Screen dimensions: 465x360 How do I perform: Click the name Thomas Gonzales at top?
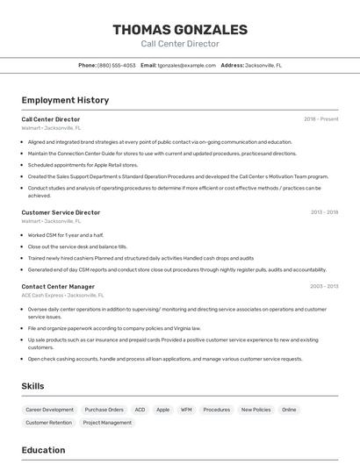click(x=179, y=30)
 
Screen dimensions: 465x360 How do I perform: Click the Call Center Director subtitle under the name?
click(x=179, y=44)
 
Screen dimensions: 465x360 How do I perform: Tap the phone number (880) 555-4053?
click(x=116, y=65)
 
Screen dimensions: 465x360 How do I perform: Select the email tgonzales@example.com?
click(x=186, y=65)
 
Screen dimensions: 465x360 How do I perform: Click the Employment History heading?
click(x=65, y=100)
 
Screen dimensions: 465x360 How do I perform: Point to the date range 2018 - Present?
click(x=320, y=118)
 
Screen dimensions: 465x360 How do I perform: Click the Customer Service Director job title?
click(x=61, y=212)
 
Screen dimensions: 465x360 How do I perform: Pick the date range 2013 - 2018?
click(x=324, y=212)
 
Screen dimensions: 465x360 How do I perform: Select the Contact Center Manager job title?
click(x=58, y=286)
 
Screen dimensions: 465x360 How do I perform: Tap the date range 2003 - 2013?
click(x=324, y=286)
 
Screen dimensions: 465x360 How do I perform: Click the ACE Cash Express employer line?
click(x=62, y=296)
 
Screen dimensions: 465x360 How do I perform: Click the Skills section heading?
click(x=33, y=386)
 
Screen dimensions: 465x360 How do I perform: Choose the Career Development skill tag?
click(x=49, y=410)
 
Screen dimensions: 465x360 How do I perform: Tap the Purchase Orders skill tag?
click(x=104, y=410)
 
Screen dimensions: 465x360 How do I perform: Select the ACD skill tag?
click(x=140, y=410)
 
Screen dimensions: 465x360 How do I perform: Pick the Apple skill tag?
click(x=162, y=410)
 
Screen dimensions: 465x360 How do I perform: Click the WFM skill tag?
click(x=186, y=410)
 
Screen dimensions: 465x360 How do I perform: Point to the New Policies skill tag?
click(x=256, y=410)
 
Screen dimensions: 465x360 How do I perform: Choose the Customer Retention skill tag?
click(x=48, y=423)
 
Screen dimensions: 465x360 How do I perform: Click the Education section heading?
click(x=43, y=450)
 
